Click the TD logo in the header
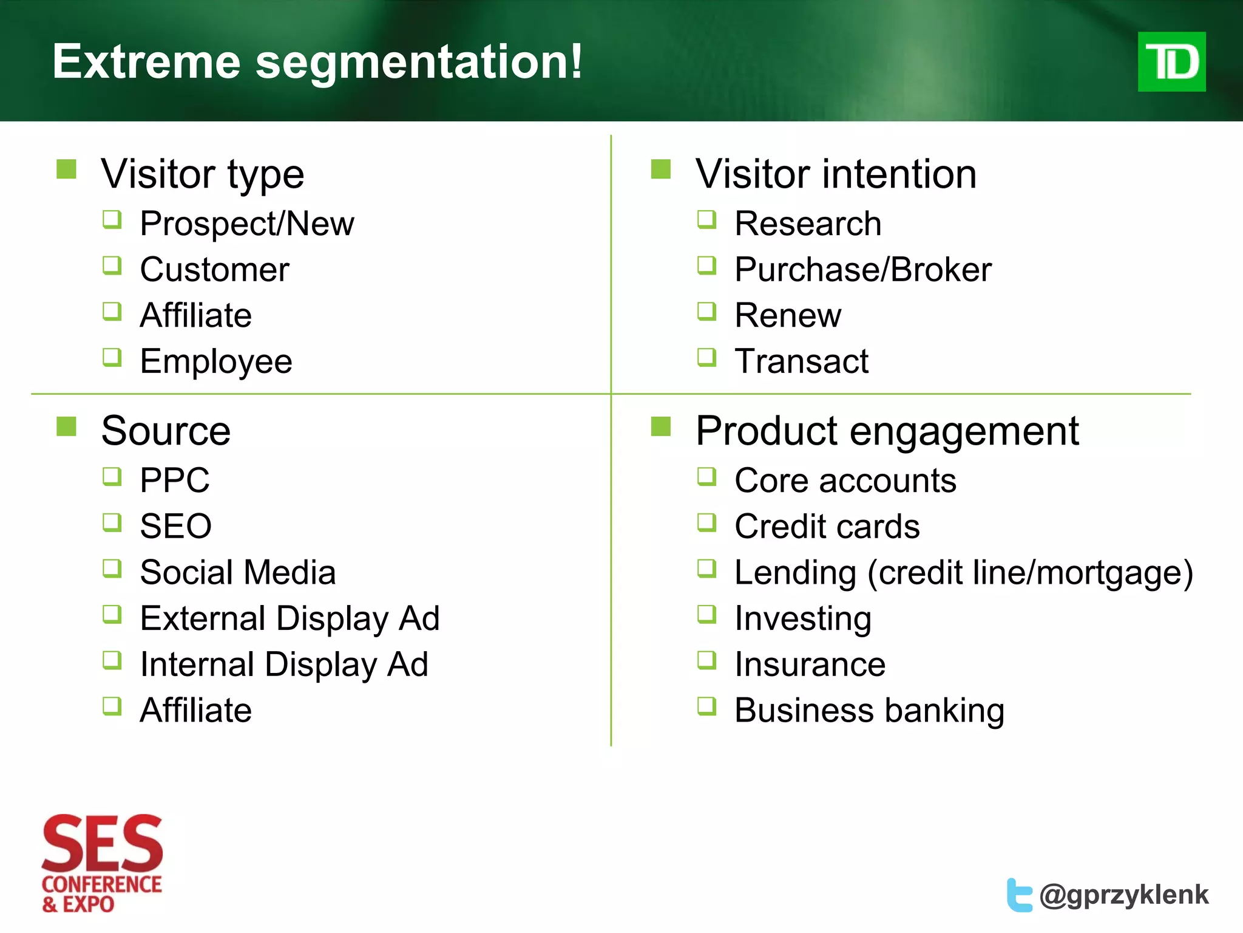click(x=1171, y=62)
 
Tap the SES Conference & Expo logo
click(x=102, y=863)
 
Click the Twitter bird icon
click(x=1019, y=895)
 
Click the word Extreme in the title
click(x=146, y=62)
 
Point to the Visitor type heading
click(x=202, y=174)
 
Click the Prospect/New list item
click(x=246, y=224)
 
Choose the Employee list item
click(x=215, y=362)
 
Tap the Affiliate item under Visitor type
click(x=195, y=315)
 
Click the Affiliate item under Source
click(x=195, y=710)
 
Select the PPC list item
click(x=175, y=480)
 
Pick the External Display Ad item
click(x=290, y=618)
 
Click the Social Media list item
click(x=237, y=572)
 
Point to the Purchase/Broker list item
click(x=862, y=270)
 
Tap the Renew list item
click(x=787, y=315)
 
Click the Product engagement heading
click(x=887, y=431)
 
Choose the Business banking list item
click(x=869, y=710)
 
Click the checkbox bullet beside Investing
click(x=706, y=614)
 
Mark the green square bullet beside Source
click(x=66, y=426)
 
